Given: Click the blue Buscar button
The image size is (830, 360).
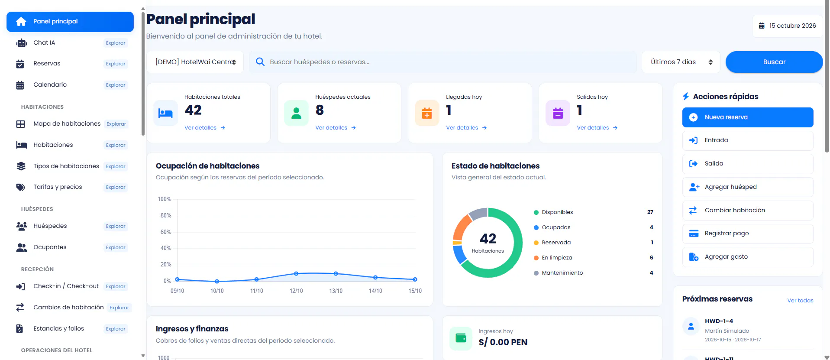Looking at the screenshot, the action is click(x=774, y=62).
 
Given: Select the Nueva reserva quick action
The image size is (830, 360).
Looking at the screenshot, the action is click(x=747, y=117).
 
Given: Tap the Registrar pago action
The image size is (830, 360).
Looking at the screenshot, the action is click(x=747, y=234).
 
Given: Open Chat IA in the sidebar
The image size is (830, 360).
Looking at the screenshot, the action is click(x=44, y=43).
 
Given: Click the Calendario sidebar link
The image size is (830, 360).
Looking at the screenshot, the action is click(x=50, y=85).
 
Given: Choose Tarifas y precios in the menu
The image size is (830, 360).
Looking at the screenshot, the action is click(x=58, y=187).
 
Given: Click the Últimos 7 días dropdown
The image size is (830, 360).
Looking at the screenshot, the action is click(x=681, y=62).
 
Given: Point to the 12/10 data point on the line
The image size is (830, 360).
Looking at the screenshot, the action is click(x=296, y=274).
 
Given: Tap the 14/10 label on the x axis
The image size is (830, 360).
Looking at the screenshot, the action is click(x=375, y=291).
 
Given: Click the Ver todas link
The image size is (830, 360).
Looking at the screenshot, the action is click(x=800, y=301).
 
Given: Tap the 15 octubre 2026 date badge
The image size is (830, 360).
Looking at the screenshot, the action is click(x=787, y=26).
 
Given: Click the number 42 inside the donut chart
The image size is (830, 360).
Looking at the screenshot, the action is click(x=488, y=239).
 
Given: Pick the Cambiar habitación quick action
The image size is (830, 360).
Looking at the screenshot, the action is click(x=747, y=211).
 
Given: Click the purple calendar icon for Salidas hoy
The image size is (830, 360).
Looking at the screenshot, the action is click(x=558, y=113).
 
